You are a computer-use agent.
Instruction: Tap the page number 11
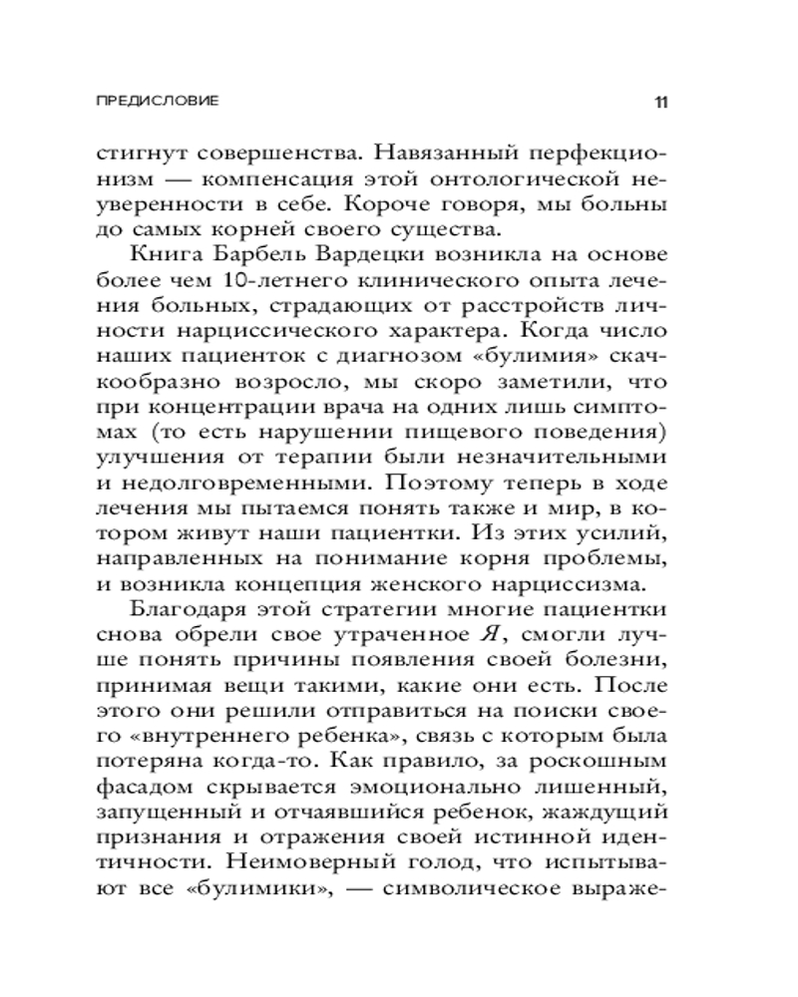(x=662, y=102)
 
